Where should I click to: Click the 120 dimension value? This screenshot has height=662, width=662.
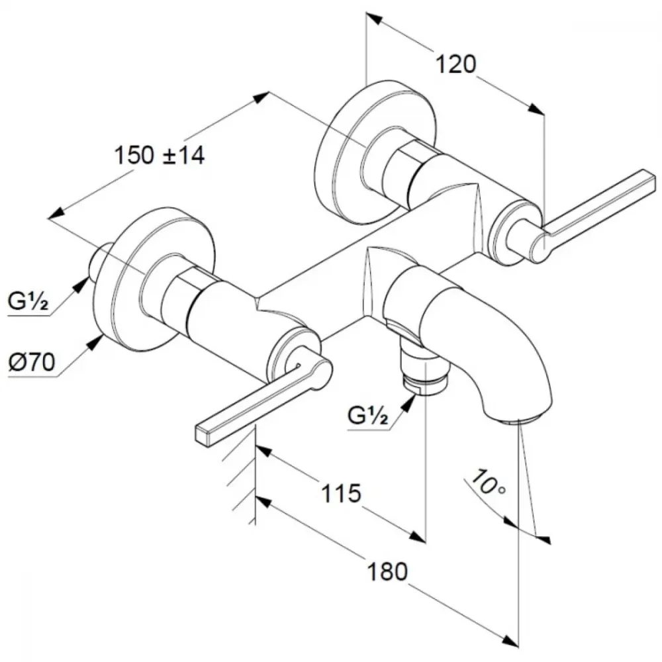click(x=455, y=65)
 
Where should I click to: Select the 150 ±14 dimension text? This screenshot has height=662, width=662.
click(x=160, y=155)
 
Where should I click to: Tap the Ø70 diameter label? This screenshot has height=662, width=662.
click(x=32, y=362)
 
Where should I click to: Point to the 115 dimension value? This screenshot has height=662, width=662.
click(x=342, y=493)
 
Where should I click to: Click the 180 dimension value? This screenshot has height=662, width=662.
click(x=387, y=572)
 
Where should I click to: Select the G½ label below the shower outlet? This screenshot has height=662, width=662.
click(x=367, y=416)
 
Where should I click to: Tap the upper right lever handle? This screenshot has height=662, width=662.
click(x=595, y=215)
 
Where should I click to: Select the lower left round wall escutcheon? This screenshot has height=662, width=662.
click(x=154, y=279)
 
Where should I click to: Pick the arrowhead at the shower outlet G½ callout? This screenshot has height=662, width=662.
click(x=408, y=403)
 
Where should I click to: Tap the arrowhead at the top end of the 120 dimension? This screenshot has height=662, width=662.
click(x=375, y=19)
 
